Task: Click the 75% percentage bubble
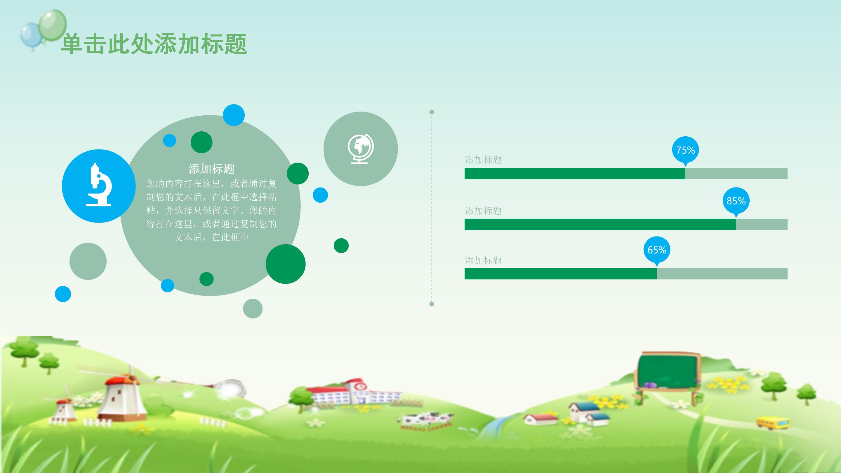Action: (685, 150)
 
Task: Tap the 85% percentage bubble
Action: (736, 201)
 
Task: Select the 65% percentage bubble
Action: (656, 250)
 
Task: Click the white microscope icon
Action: (99, 185)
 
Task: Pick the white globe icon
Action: (360, 149)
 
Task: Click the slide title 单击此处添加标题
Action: (154, 44)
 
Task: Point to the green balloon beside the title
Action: (52, 25)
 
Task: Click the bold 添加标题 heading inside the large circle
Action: (211, 169)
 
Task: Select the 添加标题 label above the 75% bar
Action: (483, 160)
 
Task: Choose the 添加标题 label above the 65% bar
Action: (483, 260)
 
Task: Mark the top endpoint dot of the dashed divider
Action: (432, 112)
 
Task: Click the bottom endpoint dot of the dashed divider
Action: (432, 304)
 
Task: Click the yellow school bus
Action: (773, 423)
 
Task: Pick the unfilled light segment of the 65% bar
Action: (722, 274)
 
